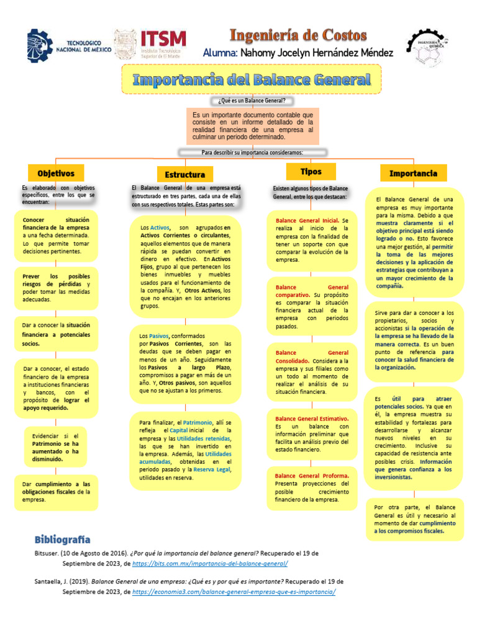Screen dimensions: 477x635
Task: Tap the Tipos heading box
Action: [311, 171]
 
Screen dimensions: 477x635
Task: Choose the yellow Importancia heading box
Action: [413, 173]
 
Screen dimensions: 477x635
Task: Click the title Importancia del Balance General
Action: [252, 79]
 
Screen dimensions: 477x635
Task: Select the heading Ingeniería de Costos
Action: [298, 35]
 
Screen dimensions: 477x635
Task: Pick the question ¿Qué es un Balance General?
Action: [252, 100]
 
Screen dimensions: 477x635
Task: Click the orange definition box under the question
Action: [252, 126]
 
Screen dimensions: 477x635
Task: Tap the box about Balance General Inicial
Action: [312, 240]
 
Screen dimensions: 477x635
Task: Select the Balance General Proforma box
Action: [312, 487]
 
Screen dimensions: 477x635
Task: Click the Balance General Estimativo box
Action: [312, 434]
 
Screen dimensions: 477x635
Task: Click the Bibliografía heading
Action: [62, 538]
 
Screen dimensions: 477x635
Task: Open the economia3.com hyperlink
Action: [234, 592]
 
